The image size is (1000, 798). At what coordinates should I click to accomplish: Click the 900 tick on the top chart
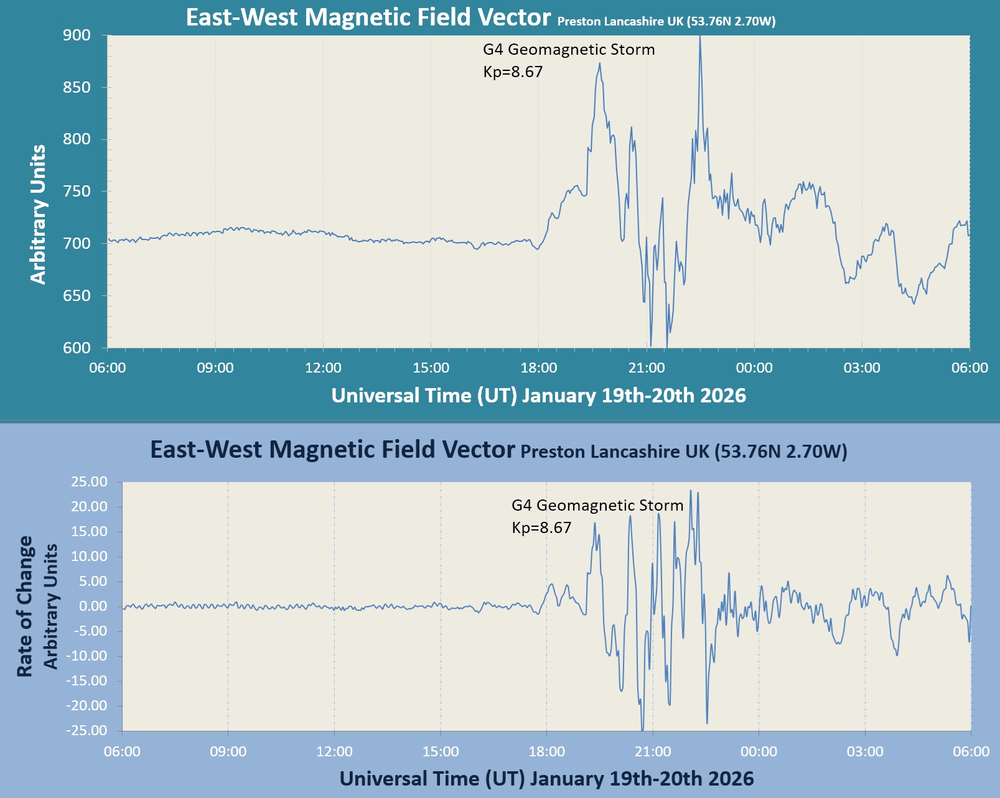(x=77, y=35)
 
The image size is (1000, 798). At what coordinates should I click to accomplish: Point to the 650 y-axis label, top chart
(x=77, y=296)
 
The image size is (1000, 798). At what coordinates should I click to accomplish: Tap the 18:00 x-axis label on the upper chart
(x=538, y=368)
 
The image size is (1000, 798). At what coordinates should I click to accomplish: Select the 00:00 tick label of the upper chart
(x=754, y=368)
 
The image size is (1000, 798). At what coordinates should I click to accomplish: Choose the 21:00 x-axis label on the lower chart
(x=652, y=751)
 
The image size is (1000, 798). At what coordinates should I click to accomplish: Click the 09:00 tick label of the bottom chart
(x=228, y=751)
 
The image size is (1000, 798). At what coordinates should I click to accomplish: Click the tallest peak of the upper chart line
(x=700, y=37)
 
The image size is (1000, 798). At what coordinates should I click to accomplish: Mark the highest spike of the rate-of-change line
(x=690, y=491)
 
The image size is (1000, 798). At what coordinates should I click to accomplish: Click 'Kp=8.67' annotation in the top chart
(x=513, y=72)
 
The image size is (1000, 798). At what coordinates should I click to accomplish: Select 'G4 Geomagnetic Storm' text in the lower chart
(x=597, y=505)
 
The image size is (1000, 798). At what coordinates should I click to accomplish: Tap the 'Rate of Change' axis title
(x=24, y=606)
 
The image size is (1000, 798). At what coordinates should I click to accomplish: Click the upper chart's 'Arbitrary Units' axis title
(x=38, y=215)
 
